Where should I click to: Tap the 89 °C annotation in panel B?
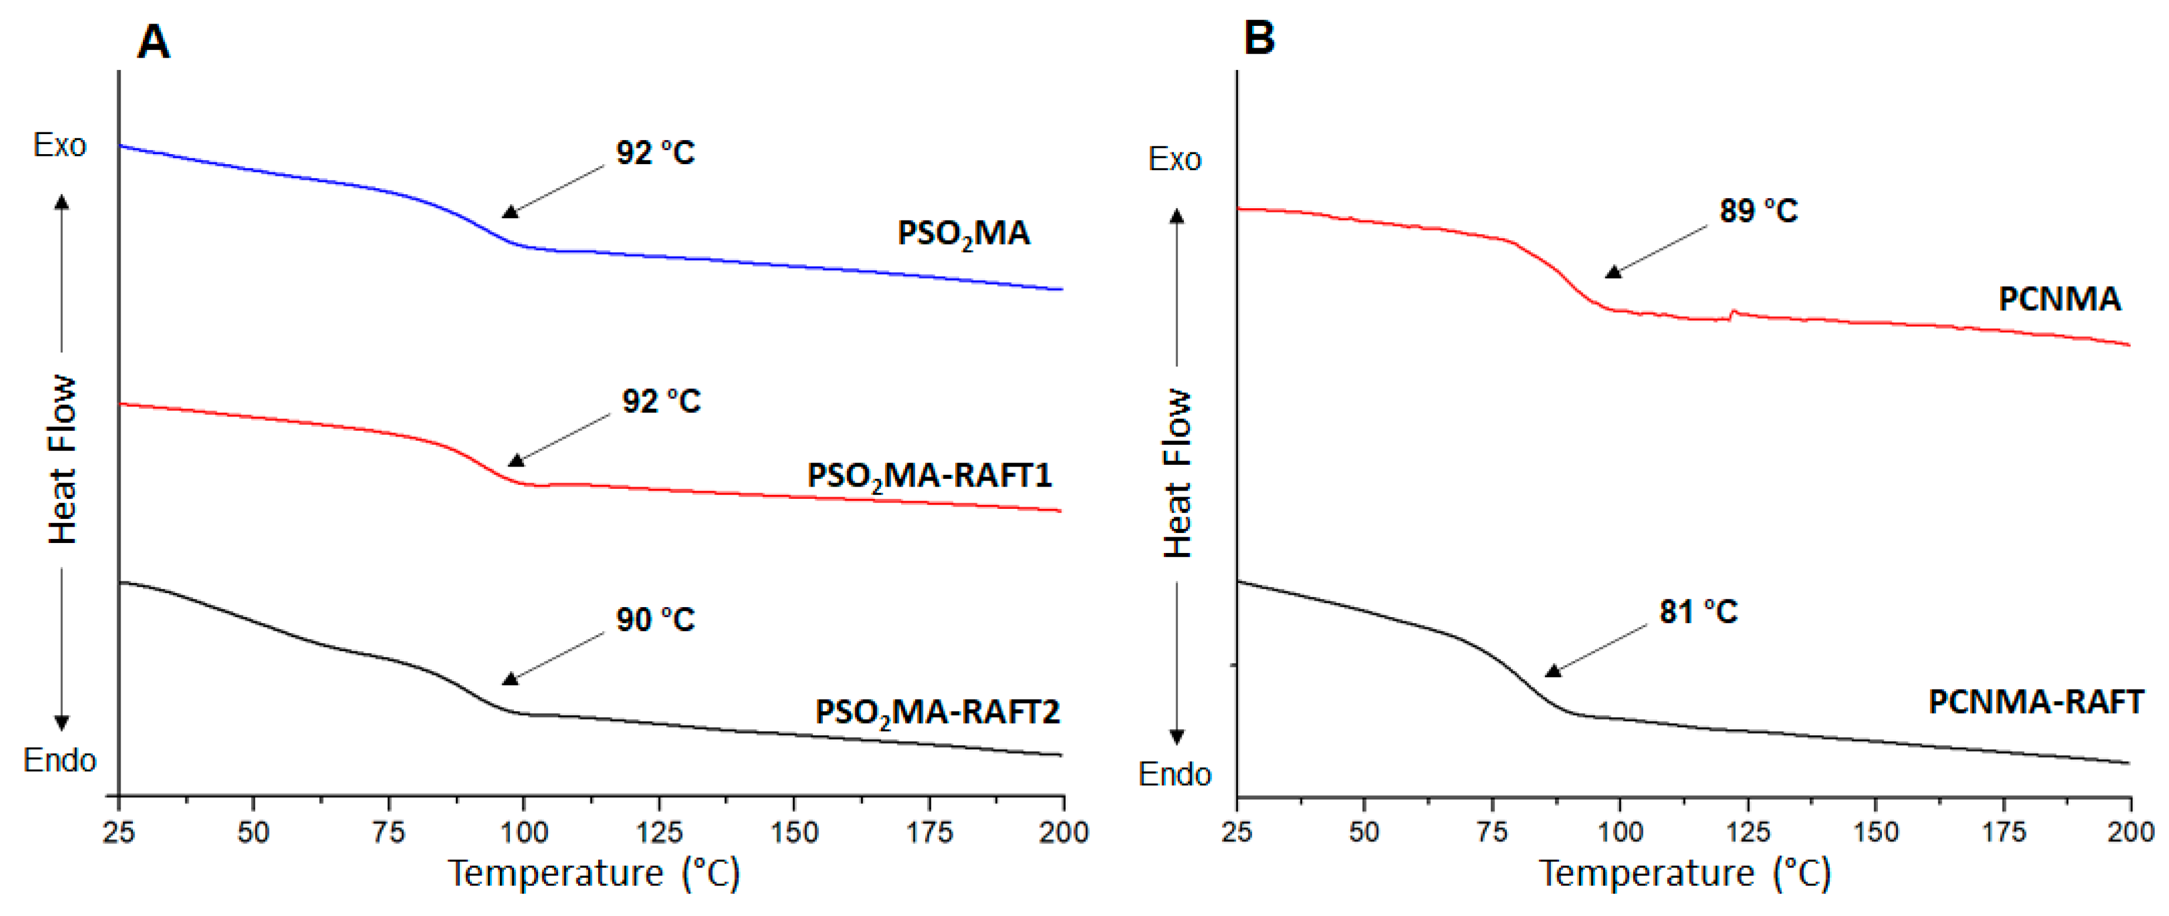click(x=1758, y=211)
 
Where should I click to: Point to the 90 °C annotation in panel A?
click(x=655, y=619)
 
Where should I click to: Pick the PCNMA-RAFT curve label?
click(x=2035, y=701)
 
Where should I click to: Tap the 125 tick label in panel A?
click(x=659, y=832)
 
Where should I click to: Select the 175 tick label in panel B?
click(x=2003, y=832)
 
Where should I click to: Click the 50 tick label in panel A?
click(x=253, y=832)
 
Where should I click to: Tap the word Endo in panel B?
click(x=1174, y=774)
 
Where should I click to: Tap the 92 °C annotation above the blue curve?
click(x=655, y=153)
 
